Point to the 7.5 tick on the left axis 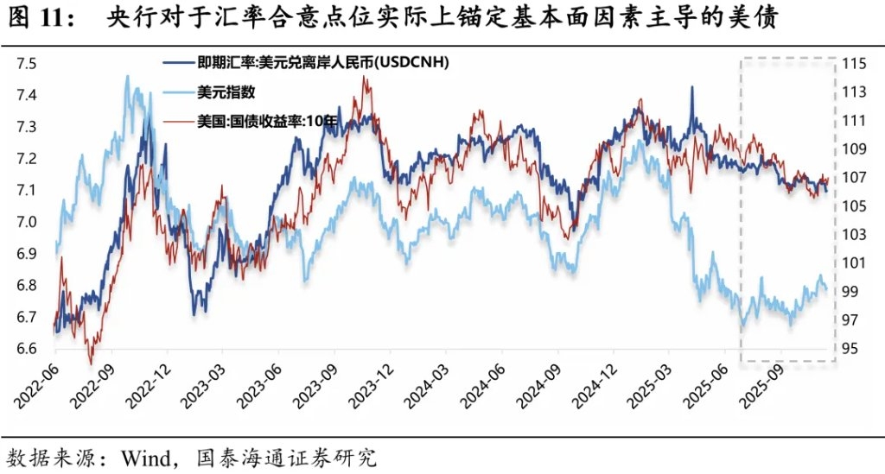pyautogui.click(x=27, y=64)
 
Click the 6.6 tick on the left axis pyautogui.click(x=27, y=349)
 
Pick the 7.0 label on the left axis pyautogui.click(x=27, y=222)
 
